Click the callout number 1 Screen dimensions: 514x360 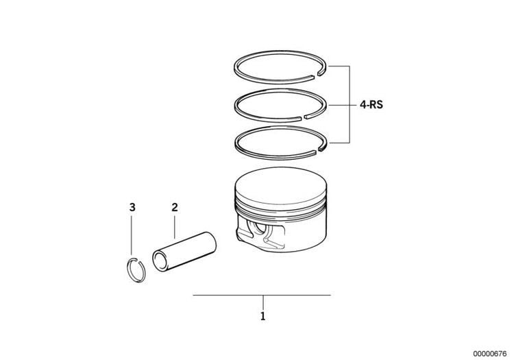(x=262, y=316)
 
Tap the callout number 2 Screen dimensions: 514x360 (x=175, y=207)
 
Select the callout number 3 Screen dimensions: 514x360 (x=132, y=207)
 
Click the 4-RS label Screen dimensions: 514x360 (x=371, y=105)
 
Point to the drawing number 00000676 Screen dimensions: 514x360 (x=490, y=353)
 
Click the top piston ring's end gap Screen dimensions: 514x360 (x=316, y=77)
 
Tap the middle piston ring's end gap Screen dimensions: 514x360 (x=303, y=117)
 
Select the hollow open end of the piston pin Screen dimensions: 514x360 (x=160, y=261)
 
